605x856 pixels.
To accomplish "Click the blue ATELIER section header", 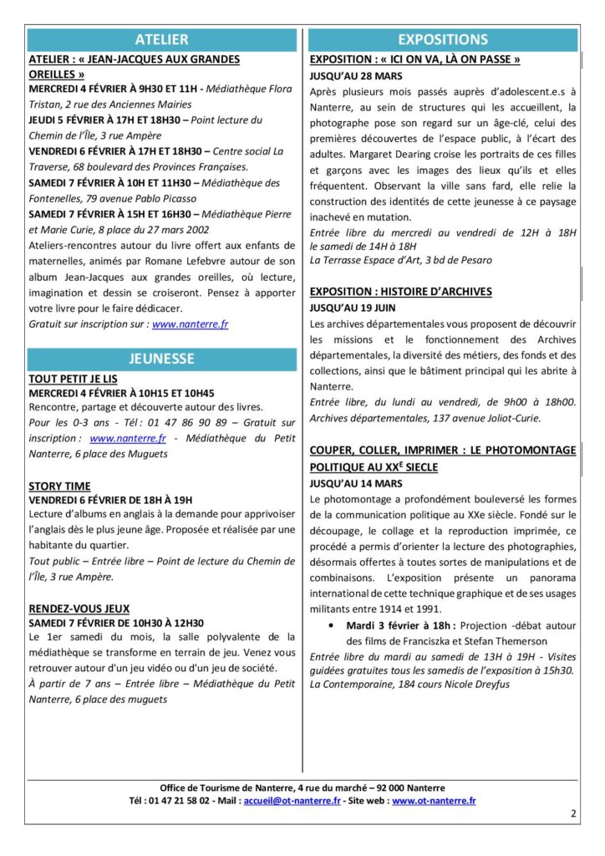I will point(162,39).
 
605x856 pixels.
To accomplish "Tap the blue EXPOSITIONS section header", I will point(443,39).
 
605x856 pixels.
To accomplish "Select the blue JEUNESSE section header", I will point(162,359).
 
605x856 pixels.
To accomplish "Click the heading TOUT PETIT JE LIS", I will point(74,379).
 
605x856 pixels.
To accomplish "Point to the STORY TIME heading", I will point(59,486).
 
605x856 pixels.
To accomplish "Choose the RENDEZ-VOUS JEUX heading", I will point(79,609).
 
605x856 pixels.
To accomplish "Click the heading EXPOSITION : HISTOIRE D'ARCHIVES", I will point(400,292).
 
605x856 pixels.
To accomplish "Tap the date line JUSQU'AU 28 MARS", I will point(350,74).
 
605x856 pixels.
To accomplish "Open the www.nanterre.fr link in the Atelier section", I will point(190,324).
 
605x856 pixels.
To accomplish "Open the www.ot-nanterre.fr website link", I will point(434,801).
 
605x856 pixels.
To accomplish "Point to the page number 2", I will point(573,813).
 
